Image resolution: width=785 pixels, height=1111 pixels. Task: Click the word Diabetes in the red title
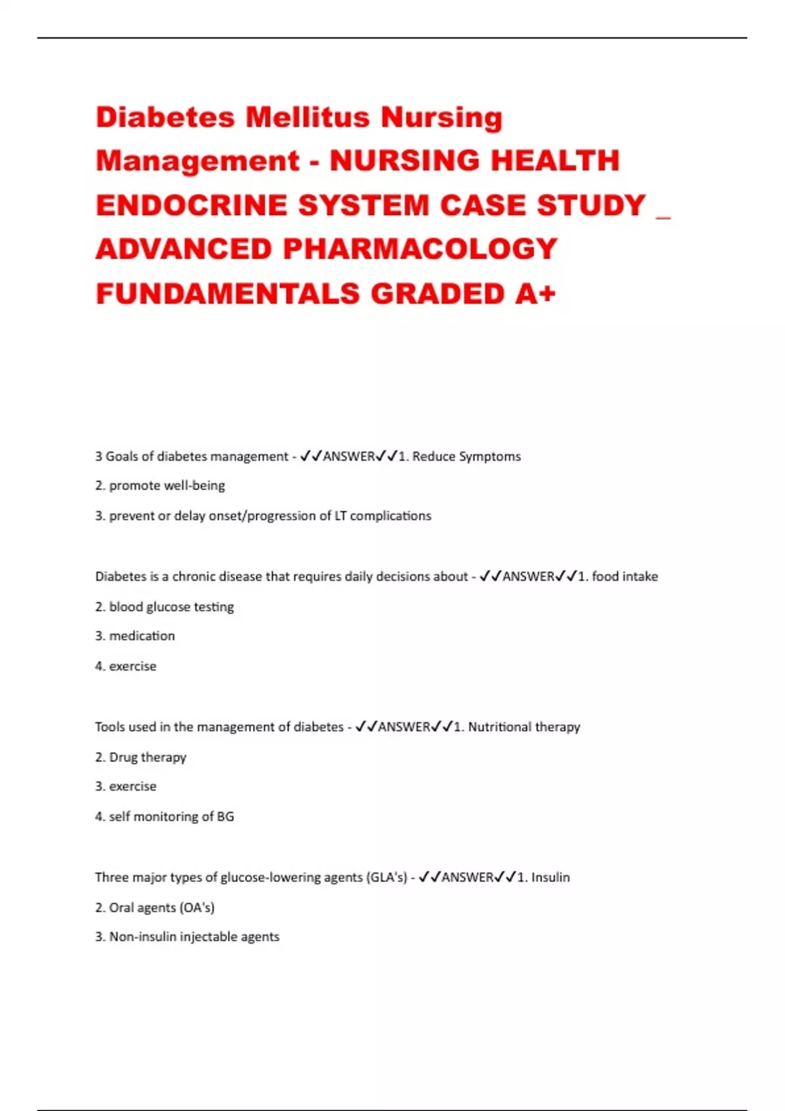click(x=165, y=118)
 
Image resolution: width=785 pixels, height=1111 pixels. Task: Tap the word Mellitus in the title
click(x=307, y=118)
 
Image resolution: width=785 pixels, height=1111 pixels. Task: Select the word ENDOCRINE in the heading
click(x=191, y=205)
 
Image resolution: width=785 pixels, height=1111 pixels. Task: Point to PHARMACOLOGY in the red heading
click(x=420, y=249)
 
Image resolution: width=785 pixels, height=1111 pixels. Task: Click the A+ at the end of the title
click(x=535, y=293)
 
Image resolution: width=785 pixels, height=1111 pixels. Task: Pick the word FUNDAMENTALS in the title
click(x=228, y=293)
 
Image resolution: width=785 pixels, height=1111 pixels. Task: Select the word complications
click(x=391, y=516)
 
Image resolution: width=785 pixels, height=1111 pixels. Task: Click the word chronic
click(x=194, y=576)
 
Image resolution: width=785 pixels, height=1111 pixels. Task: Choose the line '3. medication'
click(x=135, y=636)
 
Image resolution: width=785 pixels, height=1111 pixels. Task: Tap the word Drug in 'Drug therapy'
click(x=122, y=757)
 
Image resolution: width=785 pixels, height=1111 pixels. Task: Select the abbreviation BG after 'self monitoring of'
click(x=225, y=816)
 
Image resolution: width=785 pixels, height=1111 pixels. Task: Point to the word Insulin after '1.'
click(x=550, y=877)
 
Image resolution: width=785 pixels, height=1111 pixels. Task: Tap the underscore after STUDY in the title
click(x=663, y=216)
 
